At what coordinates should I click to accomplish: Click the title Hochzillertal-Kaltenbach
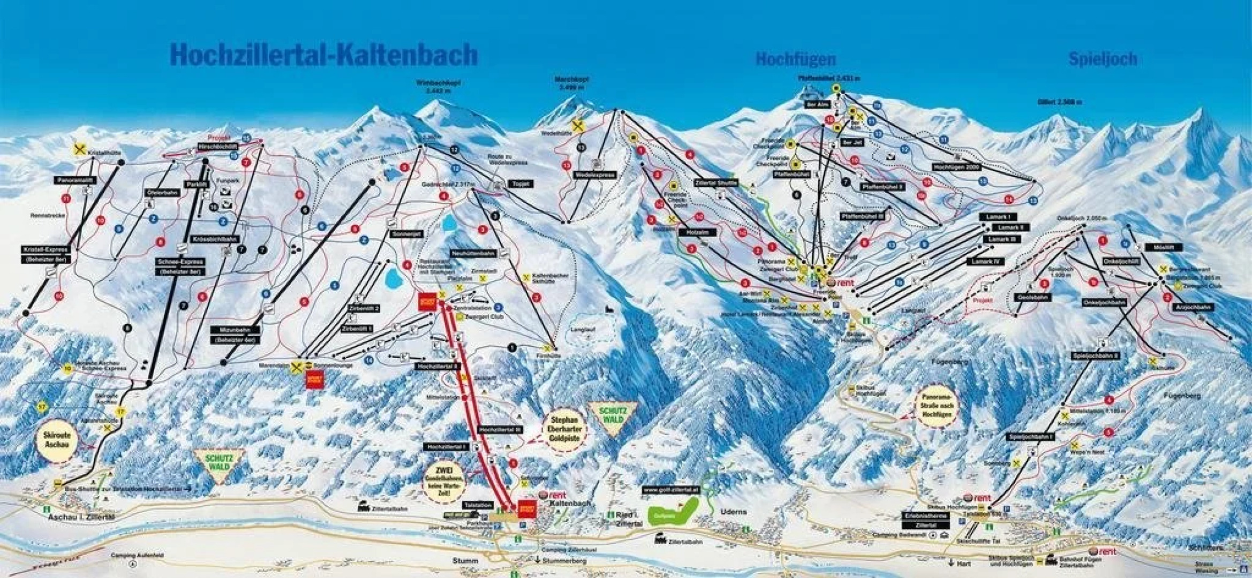click(x=323, y=54)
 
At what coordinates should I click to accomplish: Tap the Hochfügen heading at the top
click(x=795, y=59)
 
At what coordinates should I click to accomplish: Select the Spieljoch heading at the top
click(x=1103, y=58)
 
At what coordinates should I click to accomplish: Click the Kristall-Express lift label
click(x=46, y=250)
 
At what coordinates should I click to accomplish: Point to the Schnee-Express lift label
click(x=180, y=262)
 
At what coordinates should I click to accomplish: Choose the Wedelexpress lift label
click(x=595, y=175)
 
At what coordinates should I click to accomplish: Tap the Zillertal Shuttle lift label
click(x=715, y=182)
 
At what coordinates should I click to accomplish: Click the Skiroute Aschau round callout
click(x=57, y=440)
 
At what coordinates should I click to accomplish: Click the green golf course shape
click(x=673, y=512)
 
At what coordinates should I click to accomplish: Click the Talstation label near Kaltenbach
click(x=478, y=505)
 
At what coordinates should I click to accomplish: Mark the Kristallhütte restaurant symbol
click(x=80, y=150)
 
